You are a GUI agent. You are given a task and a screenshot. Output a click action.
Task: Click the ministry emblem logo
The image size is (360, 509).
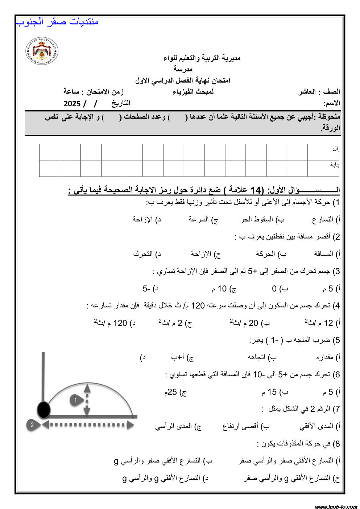click(41, 51)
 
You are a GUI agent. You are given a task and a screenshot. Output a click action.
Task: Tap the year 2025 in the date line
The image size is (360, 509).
click(72, 104)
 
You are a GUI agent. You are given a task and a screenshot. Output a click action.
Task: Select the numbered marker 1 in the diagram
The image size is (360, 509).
click(75, 400)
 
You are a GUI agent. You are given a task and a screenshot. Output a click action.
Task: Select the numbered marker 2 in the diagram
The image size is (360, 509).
click(32, 425)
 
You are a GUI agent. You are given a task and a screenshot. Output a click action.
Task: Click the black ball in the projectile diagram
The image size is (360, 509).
click(44, 410)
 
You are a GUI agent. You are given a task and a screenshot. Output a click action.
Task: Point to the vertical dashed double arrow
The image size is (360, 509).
click(87, 400)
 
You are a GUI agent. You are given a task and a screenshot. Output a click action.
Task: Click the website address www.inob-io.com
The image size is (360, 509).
click(336, 506)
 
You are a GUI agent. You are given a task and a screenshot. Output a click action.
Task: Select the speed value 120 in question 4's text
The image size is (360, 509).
click(198, 306)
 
